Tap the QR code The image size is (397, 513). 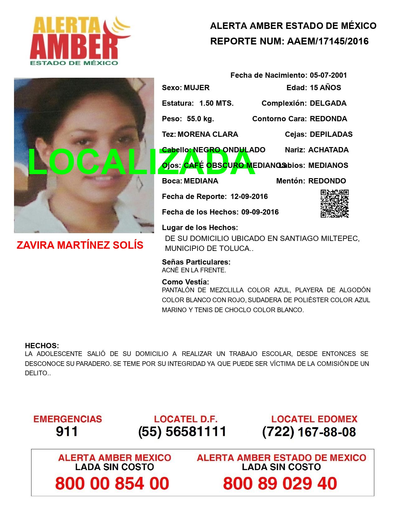point(335,204)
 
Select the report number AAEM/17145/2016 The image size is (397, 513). point(327,41)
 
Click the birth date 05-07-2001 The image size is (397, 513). point(328,75)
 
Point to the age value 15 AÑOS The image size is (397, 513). point(325,88)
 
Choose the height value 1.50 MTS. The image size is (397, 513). point(216,103)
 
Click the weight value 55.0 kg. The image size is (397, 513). point(200,119)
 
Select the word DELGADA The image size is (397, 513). point(328,103)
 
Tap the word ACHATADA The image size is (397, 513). point(328,150)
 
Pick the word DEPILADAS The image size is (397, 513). point(331,134)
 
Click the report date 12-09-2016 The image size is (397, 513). point(249,196)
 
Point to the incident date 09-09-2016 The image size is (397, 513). point(260,212)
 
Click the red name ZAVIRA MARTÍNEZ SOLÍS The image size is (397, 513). point(80,245)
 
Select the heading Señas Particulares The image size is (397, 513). point(196,262)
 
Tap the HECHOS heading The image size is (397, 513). point(42,346)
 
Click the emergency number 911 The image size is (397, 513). point(67,432)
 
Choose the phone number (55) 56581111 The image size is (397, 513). point(182,432)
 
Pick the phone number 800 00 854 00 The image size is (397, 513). point(112,484)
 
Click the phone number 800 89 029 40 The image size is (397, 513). point(280,484)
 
